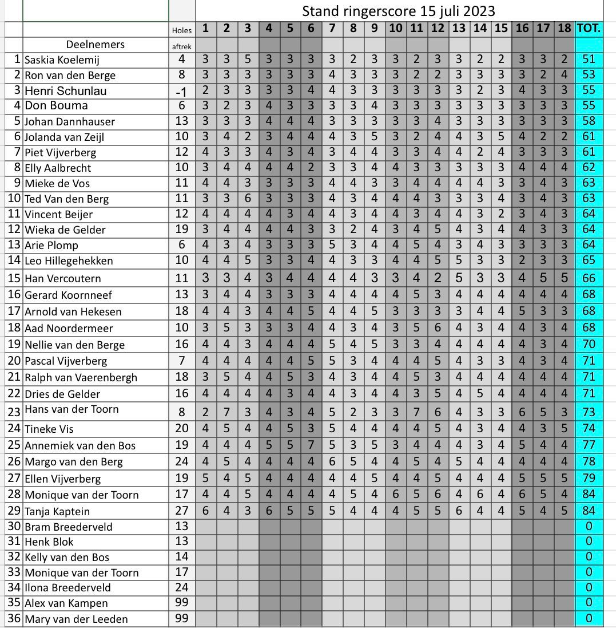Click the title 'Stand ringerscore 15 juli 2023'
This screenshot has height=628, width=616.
tap(399, 11)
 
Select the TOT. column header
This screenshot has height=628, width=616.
tap(589, 29)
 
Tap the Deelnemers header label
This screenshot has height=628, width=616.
tap(96, 45)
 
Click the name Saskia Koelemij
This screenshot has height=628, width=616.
tap(62, 60)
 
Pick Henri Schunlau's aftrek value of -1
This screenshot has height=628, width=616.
tap(182, 90)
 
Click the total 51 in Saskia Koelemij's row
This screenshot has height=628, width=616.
tap(589, 60)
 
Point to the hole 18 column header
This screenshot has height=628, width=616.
tap(565, 29)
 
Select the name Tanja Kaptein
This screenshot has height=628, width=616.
tap(57, 511)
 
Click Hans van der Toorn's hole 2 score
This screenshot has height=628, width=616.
tap(226, 412)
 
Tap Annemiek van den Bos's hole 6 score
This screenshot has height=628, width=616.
tap(311, 445)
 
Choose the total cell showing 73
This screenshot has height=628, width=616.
tap(589, 412)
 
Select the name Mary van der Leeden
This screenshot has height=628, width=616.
tap(76, 619)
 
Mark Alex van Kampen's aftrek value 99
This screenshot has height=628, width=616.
tap(182, 603)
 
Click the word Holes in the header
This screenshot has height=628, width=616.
tap(182, 30)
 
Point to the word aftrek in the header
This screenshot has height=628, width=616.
tap(182, 47)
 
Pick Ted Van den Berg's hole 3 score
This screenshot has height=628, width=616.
tap(247, 199)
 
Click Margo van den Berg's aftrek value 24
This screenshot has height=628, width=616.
tap(182, 461)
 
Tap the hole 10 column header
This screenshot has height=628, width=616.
tap(395, 29)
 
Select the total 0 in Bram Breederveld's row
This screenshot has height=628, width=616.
tap(589, 527)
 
